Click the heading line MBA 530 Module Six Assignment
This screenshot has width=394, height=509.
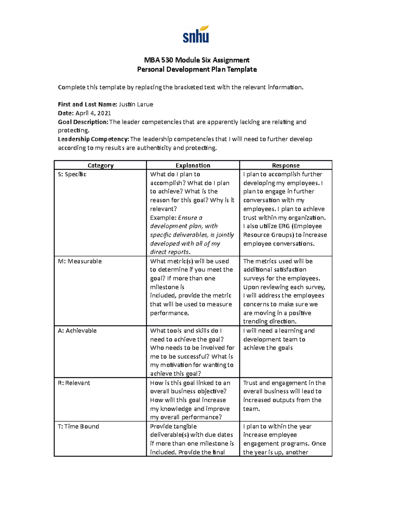click(197, 60)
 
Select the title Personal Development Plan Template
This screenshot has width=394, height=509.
click(197, 69)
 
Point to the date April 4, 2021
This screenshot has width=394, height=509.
click(93, 113)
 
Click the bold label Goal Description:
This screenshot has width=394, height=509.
click(83, 122)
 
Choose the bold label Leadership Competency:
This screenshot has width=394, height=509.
click(94, 139)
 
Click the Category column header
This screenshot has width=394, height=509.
click(100, 166)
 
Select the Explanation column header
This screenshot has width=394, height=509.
click(193, 166)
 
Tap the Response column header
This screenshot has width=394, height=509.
click(286, 166)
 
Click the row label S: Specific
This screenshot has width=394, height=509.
click(72, 174)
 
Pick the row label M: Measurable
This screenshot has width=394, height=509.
click(80, 261)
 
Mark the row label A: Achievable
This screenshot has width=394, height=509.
click(77, 331)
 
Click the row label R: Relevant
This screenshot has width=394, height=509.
click(74, 383)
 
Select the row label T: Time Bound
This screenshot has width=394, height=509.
click(78, 426)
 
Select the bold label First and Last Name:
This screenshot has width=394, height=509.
click(87, 105)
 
